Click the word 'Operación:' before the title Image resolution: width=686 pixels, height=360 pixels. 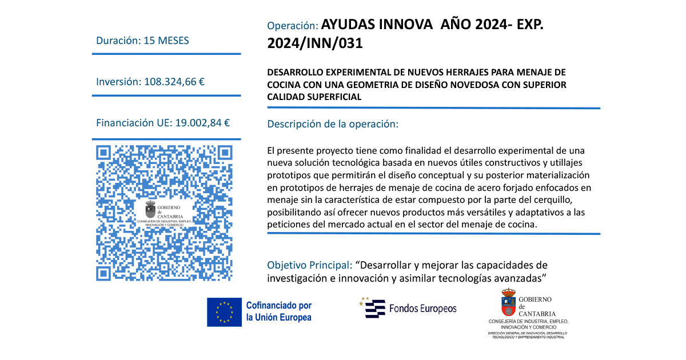(x=292, y=26)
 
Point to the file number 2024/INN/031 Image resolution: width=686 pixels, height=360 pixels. (x=314, y=43)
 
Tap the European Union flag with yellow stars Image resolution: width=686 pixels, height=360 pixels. (x=225, y=311)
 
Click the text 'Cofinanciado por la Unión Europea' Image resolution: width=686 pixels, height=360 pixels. (x=278, y=311)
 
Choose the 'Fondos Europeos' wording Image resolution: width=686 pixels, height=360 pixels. (x=422, y=309)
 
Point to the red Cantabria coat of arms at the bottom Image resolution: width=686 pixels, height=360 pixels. (x=508, y=303)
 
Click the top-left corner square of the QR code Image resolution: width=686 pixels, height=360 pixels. (x=103, y=153)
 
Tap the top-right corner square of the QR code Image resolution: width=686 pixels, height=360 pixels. (x=225, y=153)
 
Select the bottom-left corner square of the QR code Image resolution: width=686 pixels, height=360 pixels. (x=103, y=274)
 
